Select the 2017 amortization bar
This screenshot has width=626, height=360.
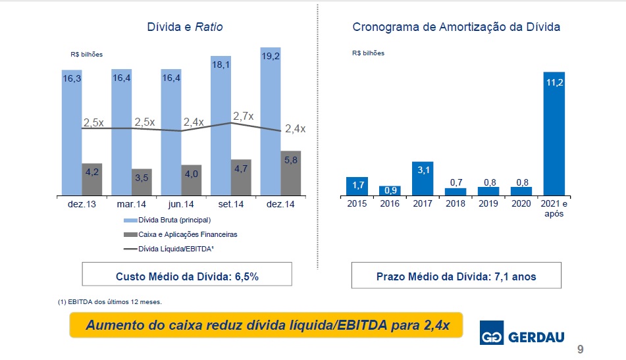(422, 178)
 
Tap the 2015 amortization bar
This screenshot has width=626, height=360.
(356, 186)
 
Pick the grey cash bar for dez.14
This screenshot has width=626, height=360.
(290, 173)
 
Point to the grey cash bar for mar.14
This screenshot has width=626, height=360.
(142, 182)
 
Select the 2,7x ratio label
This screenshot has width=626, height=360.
(244, 116)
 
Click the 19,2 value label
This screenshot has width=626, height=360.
(270, 57)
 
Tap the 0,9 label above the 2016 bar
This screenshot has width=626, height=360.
(389, 190)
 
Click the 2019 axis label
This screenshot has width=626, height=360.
(488, 203)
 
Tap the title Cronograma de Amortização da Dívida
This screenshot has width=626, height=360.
(456, 28)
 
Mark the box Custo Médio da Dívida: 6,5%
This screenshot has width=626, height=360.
(187, 276)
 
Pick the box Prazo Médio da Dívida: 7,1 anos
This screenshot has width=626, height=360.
(456, 276)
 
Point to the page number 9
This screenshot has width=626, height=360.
(580, 349)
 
